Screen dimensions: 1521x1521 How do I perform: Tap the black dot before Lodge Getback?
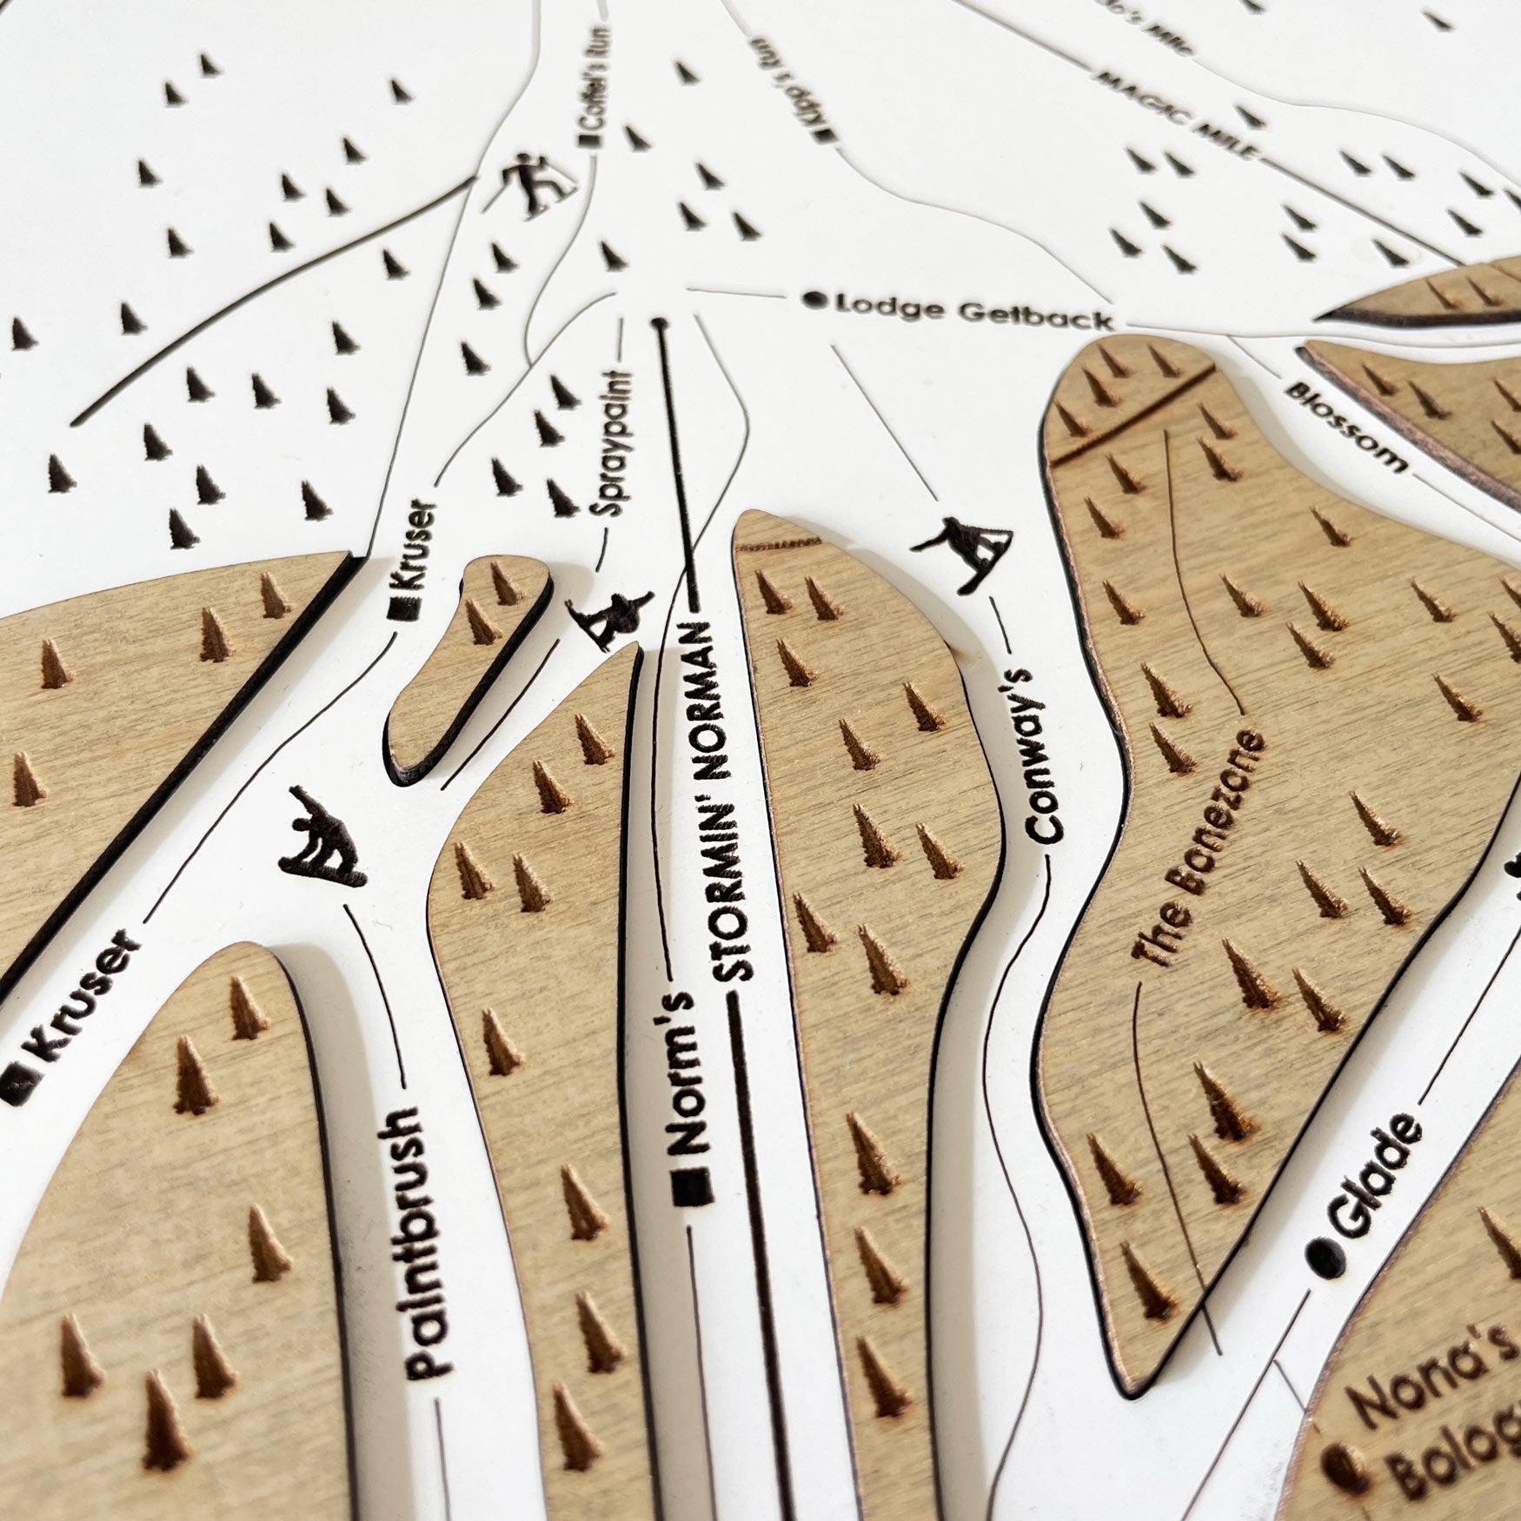(815, 301)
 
